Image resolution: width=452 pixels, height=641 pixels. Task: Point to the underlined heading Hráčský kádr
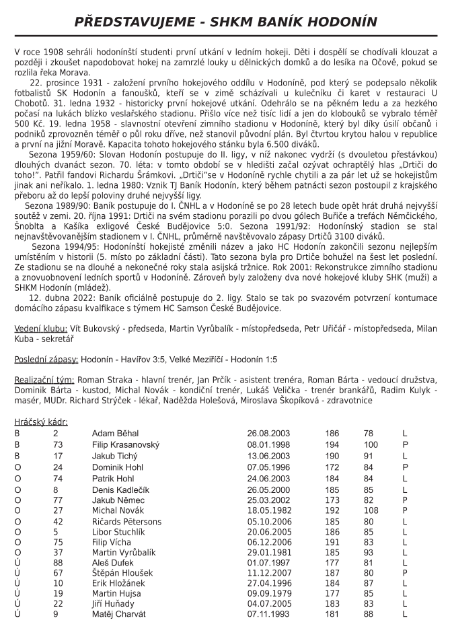pos(41,422)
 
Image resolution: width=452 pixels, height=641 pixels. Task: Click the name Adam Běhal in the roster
pos(115,433)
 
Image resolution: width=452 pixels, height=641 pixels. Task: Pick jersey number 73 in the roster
pos(57,444)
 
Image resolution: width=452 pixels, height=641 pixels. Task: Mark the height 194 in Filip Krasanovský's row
pos(332,444)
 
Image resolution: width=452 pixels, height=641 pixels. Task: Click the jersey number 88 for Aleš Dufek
pos(57,561)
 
